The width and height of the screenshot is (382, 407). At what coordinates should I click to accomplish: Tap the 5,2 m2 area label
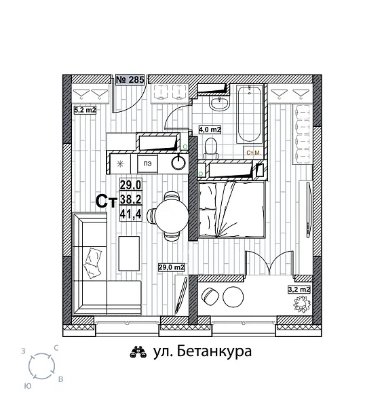85,109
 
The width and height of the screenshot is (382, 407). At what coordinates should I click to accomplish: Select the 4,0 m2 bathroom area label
210,128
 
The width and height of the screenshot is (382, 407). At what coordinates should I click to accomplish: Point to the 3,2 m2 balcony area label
299,290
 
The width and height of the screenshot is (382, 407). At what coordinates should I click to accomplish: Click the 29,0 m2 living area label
172,267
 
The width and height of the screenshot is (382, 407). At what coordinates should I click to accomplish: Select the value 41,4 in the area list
130,214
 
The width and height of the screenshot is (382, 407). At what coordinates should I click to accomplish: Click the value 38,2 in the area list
130,199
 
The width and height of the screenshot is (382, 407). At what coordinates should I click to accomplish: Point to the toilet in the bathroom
211,145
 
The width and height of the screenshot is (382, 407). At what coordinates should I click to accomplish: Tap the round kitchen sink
178,162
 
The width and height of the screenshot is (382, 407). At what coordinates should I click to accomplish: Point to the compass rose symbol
42,367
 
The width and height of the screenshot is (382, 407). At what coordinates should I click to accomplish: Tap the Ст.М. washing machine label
254,153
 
